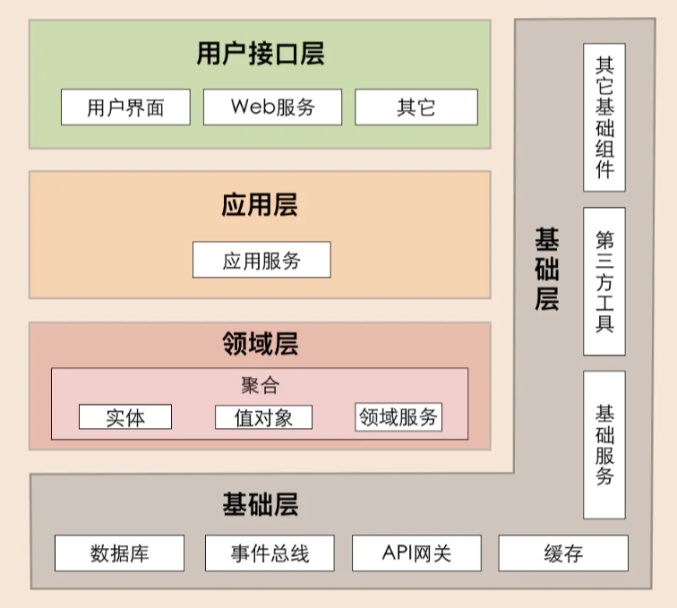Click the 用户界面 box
[125, 107]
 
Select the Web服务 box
[273, 107]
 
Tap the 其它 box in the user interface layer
[416, 107]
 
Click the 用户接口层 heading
[260, 55]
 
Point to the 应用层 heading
[260, 206]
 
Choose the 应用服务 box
[261, 261]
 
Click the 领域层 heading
[260, 345]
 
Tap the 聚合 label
[260, 385]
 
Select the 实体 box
[125, 417]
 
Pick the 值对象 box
[263, 417]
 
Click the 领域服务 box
[398, 417]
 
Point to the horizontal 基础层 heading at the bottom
[260, 505]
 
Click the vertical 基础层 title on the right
[547, 269]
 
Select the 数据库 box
[119, 553]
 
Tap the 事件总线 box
[270, 553]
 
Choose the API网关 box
[416, 553]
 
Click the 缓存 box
[563, 553]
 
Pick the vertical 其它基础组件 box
[604, 117]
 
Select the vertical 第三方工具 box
[604, 281]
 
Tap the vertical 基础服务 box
[604, 445]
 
